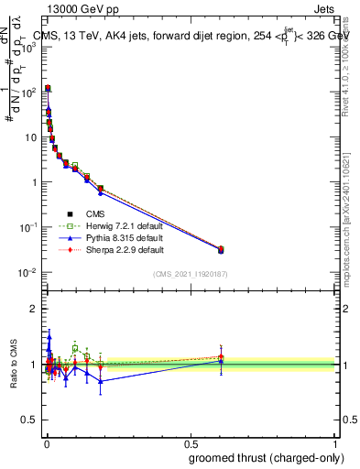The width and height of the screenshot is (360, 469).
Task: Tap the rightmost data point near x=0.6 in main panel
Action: coord(220,249)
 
